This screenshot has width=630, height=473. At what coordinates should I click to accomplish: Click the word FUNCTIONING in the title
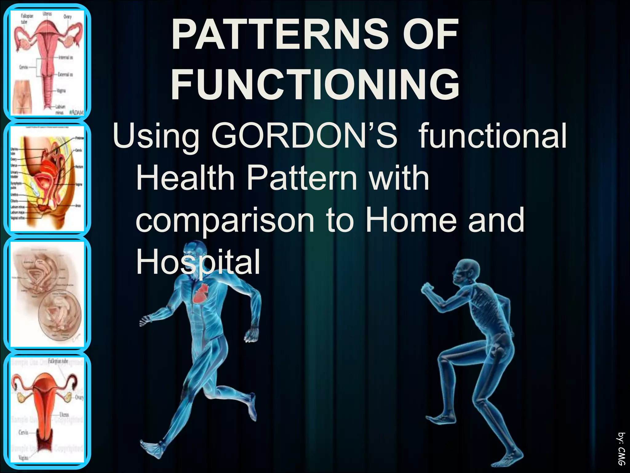point(315,84)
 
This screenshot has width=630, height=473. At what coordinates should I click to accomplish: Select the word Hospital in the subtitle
point(198,262)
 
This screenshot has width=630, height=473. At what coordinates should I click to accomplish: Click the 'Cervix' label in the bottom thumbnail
point(23,432)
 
